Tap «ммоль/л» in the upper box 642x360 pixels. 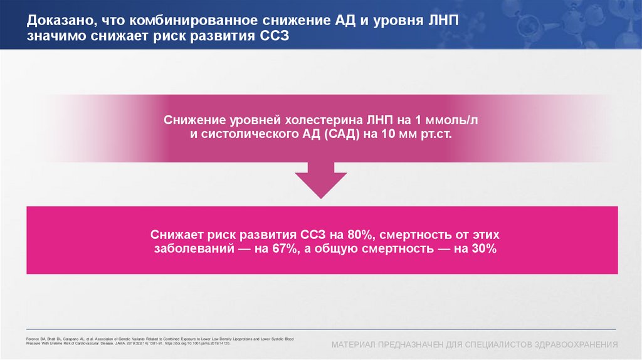click(x=456, y=120)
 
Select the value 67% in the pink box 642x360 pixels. click(x=312, y=250)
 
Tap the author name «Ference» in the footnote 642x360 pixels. click(x=32, y=339)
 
